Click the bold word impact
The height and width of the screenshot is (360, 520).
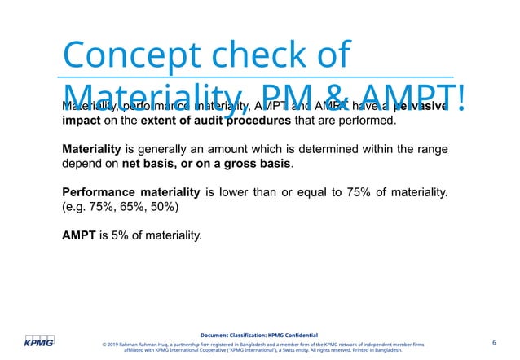[84, 122]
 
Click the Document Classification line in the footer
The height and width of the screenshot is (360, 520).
[259, 335]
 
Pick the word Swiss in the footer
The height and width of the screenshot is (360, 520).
[292, 351]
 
